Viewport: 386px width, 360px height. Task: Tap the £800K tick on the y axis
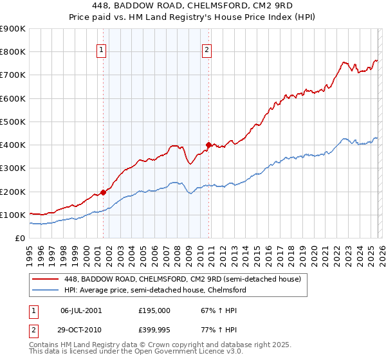(x=13, y=52)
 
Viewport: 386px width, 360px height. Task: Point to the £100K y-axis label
(x=13, y=215)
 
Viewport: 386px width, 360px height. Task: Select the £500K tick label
(x=13, y=122)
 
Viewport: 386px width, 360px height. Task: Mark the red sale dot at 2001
(x=103, y=192)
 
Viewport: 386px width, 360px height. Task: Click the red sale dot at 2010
(x=208, y=145)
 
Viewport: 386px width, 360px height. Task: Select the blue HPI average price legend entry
(x=155, y=290)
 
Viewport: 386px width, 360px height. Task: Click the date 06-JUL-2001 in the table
(x=81, y=310)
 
